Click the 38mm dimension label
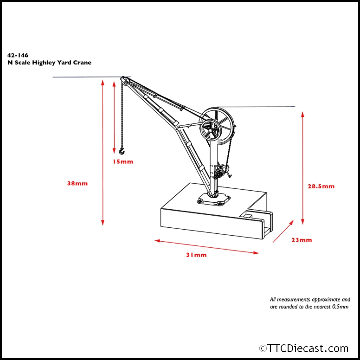pyautogui.click(x=77, y=183)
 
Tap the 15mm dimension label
pyautogui.click(x=123, y=161)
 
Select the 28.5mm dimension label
pyautogui.click(x=321, y=186)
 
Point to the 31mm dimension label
pyautogui.click(x=197, y=255)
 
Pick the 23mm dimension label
pyautogui.click(x=302, y=240)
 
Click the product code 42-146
pyautogui.click(x=18, y=55)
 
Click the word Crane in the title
pyautogui.click(x=82, y=62)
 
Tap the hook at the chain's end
pyautogui.click(x=122, y=150)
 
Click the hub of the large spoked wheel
pyautogui.click(x=212, y=131)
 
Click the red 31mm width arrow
pyautogui.click(x=206, y=247)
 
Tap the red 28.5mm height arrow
pyautogui.click(x=302, y=167)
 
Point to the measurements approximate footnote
pyautogui.click(x=310, y=303)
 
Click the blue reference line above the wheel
pyautogui.click(x=260, y=107)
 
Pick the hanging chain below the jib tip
pyautogui.click(x=122, y=116)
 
